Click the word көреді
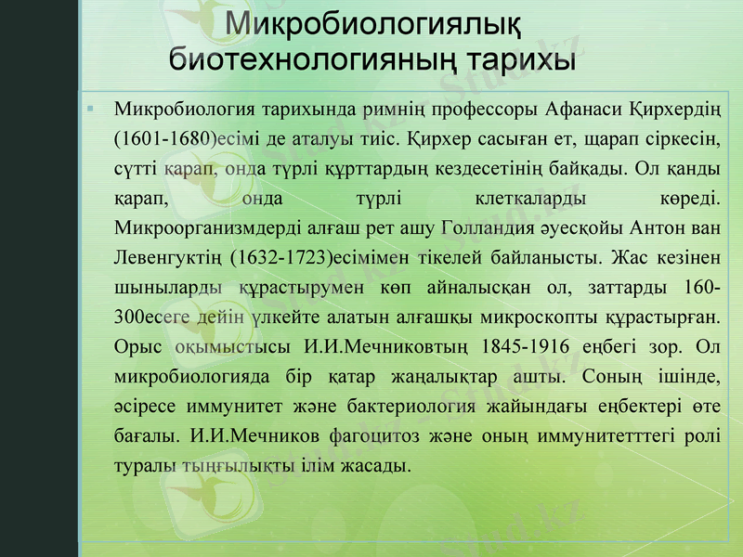click(692, 198)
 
